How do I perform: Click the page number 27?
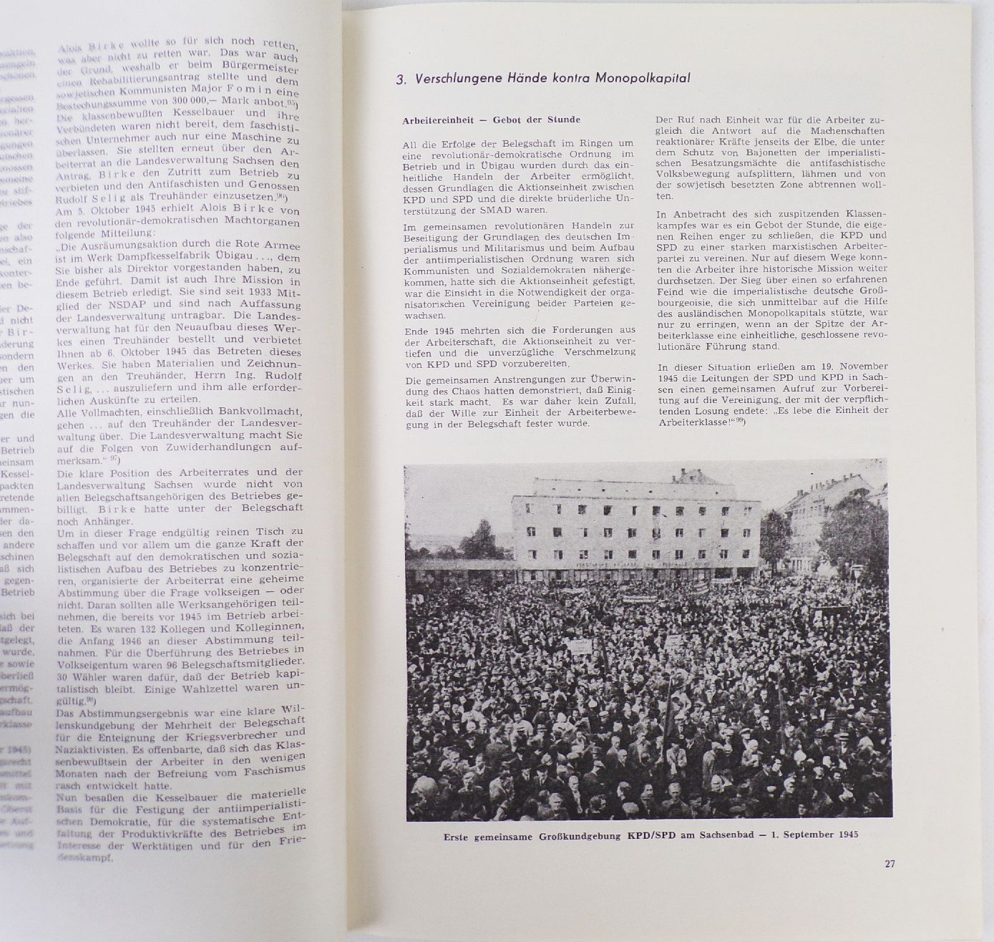tap(890, 863)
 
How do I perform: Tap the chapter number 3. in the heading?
tap(401, 80)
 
